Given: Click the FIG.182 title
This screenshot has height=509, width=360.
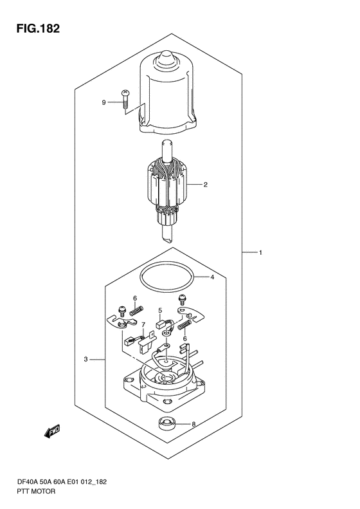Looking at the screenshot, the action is (38, 28).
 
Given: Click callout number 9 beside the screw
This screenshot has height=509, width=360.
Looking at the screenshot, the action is (104, 102).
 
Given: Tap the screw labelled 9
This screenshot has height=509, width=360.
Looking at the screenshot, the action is (125, 100).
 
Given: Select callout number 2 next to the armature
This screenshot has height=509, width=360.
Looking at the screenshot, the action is (205, 185).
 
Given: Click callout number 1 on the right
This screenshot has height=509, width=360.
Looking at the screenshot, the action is (260, 252).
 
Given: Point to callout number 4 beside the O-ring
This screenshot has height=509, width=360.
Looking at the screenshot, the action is (212, 277).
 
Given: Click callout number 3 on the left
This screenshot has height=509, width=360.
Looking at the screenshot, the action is (85, 359).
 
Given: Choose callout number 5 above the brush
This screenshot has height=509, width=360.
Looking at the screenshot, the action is (160, 311).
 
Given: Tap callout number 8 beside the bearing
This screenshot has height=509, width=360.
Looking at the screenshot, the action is (194, 424).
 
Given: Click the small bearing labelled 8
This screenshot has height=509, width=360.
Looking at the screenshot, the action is (165, 423).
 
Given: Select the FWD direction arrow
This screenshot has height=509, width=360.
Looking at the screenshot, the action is (52, 431).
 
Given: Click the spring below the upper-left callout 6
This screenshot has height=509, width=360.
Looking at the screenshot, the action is (136, 310).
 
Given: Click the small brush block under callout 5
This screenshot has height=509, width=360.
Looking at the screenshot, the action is (160, 324).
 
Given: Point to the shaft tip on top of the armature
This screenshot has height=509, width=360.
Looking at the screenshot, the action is (167, 143).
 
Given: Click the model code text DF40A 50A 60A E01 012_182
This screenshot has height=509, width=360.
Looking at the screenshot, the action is (61, 482).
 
